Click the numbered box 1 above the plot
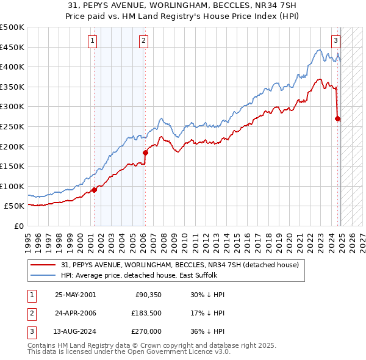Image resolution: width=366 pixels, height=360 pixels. coord(91,41)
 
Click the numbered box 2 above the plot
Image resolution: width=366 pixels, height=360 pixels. coord(143,41)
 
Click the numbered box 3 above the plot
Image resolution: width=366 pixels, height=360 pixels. coord(335,41)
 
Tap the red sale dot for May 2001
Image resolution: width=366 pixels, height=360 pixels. coord(95,190)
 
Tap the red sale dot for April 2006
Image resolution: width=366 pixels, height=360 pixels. coord(145,153)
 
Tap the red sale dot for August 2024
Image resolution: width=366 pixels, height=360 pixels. coord(337,119)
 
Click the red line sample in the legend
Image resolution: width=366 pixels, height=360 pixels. coord(44,265)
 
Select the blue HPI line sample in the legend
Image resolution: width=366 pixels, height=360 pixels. coord(44,275)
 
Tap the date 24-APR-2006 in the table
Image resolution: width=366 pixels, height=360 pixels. coord(75,314)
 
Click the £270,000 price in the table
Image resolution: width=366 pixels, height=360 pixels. coord(146,333)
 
